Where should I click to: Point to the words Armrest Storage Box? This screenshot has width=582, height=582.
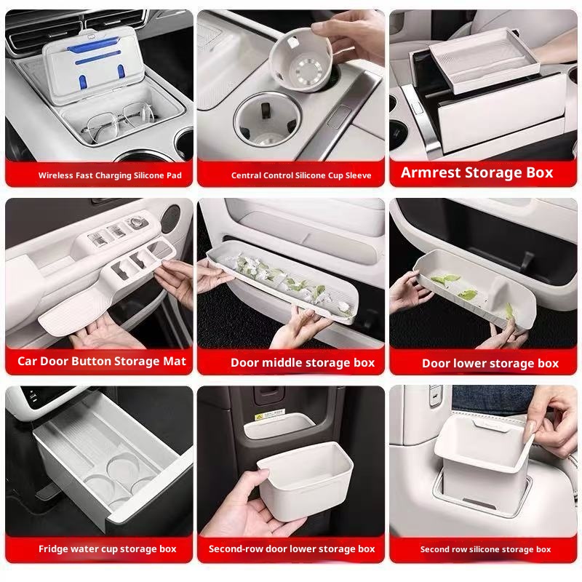(477, 173)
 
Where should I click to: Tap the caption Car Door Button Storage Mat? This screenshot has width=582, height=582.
(102, 361)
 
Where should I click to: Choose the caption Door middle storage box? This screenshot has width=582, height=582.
(302, 362)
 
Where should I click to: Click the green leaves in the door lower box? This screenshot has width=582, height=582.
(445, 281)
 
